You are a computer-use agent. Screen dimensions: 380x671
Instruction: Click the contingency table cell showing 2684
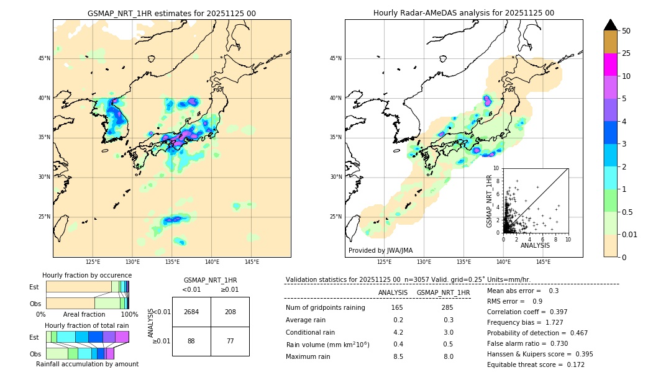pos(191,312)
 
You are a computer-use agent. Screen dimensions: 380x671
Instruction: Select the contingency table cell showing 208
pos(230,312)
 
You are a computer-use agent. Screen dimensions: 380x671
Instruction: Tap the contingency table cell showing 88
pos(191,341)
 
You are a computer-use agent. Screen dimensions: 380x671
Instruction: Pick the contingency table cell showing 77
pos(230,341)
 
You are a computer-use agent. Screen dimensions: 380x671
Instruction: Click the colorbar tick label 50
pos(626,31)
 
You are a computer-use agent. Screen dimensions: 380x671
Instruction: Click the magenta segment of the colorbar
pos(611,65)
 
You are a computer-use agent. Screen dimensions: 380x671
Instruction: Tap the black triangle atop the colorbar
pos(611,25)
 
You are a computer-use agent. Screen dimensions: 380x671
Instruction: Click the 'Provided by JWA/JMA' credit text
pos(380,250)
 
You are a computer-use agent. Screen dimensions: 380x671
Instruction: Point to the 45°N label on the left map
pos(44,58)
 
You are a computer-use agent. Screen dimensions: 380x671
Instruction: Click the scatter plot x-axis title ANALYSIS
pos(535,245)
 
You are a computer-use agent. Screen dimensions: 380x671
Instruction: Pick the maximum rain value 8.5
pos(398,356)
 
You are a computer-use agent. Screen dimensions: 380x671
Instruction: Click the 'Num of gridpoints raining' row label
pos(325,308)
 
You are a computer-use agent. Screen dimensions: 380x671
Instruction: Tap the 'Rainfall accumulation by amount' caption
pos(87,364)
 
